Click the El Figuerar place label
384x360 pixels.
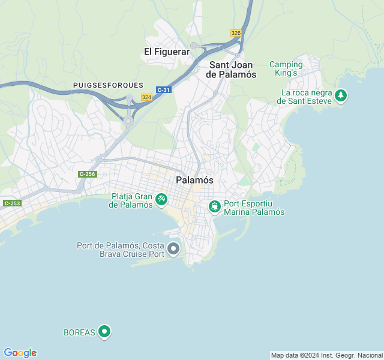(x=167, y=52)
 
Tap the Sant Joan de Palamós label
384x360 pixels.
(x=231, y=70)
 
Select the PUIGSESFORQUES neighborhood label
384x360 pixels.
(x=108, y=86)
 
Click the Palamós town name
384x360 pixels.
(x=194, y=180)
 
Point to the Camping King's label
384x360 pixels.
(x=286, y=68)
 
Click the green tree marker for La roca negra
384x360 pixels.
(x=341, y=95)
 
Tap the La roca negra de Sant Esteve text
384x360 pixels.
(x=305, y=97)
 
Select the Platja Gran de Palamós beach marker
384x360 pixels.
(x=161, y=199)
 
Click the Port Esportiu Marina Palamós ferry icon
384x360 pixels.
(x=215, y=206)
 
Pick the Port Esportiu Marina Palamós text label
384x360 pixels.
(x=254, y=208)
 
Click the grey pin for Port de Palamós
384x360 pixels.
(x=174, y=248)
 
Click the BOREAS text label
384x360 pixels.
(x=79, y=332)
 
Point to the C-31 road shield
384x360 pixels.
(x=163, y=89)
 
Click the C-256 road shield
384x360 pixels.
(x=87, y=174)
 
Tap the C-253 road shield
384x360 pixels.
(x=11, y=203)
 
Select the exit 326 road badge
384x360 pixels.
(x=236, y=33)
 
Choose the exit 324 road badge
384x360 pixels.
(x=146, y=97)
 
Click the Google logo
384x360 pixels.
(x=20, y=353)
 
